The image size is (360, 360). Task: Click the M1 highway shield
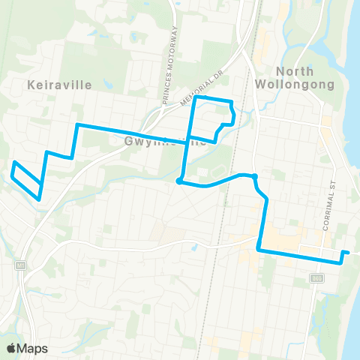pyautogui.click(x=20, y=265)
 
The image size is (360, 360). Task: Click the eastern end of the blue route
pyautogui.click(x=347, y=252)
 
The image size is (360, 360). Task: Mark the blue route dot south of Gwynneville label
pyautogui.click(x=178, y=181)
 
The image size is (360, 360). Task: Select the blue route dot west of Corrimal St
pyautogui.click(x=255, y=176)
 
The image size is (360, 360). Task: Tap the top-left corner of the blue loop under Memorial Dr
pyautogui.click(x=196, y=97)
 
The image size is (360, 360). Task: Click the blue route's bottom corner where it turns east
pyautogui.click(x=259, y=250)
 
